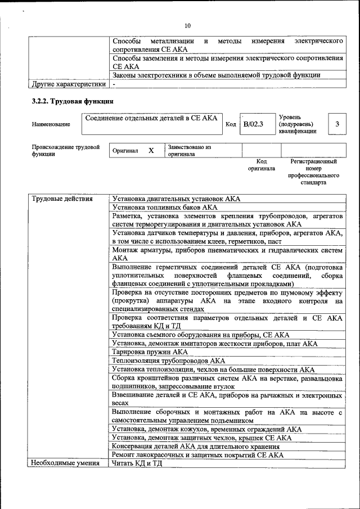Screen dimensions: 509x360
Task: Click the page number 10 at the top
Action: pos(188,25)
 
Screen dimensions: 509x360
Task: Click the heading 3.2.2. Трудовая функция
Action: pos(73,102)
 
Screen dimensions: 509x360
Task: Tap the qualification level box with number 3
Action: pos(336,124)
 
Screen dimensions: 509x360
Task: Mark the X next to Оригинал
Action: pos(151,151)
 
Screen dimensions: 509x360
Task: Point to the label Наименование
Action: pos(51,124)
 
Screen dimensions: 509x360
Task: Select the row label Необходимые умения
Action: pos(65,463)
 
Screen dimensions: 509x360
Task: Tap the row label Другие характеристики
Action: pos(68,84)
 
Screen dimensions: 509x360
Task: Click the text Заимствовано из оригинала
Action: pos(189,150)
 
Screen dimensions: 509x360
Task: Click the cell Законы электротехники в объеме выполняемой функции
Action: pos(217,75)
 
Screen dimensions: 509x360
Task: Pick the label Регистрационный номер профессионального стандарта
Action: pos(313,172)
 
